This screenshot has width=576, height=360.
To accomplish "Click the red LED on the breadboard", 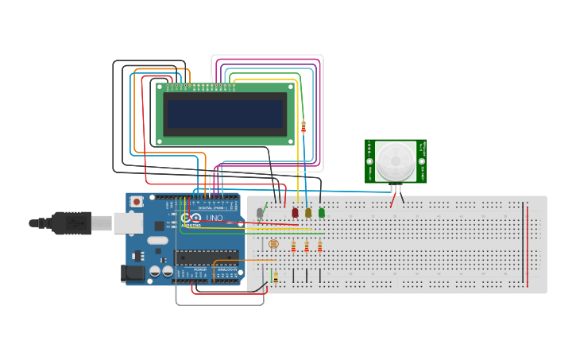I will (295, 212).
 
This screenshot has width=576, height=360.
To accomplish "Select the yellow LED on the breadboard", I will (308, 212).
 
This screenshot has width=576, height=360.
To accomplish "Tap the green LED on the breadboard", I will (322, 212).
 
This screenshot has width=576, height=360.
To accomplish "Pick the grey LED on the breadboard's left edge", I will (260, 213).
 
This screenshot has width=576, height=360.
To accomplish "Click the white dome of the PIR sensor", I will (395, 161).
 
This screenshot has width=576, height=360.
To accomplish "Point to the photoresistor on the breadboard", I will (274, 245).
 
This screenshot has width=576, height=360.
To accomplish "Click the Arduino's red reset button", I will (137, 202).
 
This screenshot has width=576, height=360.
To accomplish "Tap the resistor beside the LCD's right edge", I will (303, 125).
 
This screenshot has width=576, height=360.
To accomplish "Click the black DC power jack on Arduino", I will (133, 274).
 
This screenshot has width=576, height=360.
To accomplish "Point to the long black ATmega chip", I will (207, 257).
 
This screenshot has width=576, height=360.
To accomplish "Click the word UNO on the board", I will (215, 218).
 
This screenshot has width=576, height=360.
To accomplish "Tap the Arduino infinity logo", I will (191, 218).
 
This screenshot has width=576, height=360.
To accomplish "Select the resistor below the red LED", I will (294, 247).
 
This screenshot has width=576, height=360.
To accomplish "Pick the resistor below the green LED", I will (320, 247).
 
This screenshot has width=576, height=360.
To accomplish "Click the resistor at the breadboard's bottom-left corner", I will (276, 277).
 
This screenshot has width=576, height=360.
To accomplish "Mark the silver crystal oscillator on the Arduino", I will (158, 240).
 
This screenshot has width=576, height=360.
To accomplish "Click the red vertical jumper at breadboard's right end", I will (527, 245).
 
